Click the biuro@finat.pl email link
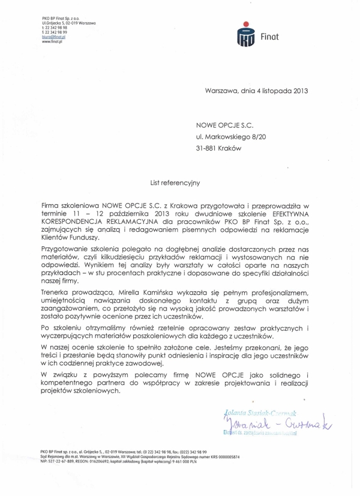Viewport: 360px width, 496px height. click(53, 37)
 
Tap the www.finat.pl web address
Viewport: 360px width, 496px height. click(52, 42)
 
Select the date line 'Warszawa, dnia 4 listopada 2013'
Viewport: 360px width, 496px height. click(256, 92)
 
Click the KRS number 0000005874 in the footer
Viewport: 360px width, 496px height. click(226, 458)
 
